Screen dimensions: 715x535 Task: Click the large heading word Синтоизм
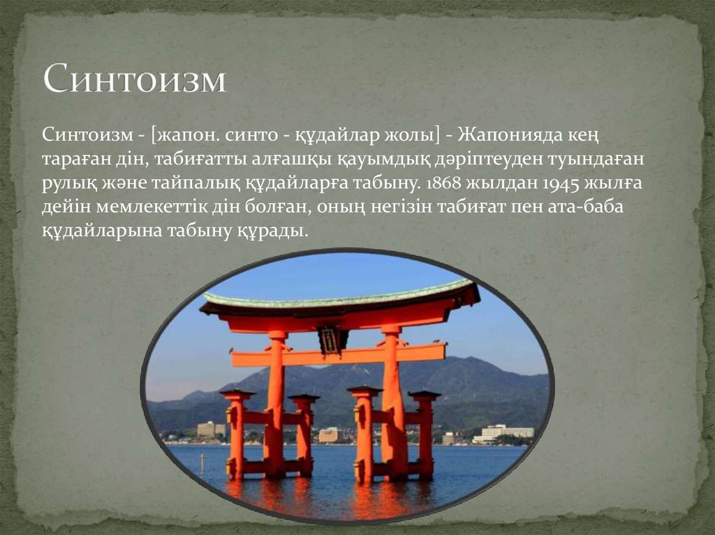[135, 78]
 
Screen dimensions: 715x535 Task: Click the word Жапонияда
[506, 136]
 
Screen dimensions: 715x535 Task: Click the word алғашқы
[292, 160]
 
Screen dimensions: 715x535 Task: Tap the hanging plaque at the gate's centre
[332, 340]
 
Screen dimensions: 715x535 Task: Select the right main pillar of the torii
[392, 403]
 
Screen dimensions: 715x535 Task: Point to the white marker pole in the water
[202, 462]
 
